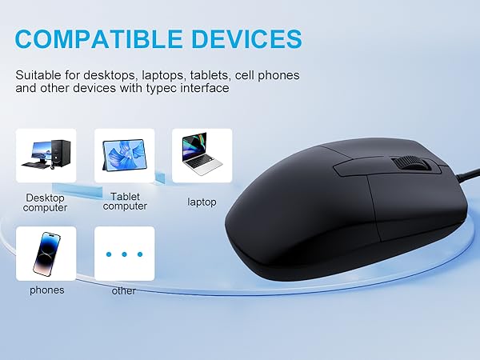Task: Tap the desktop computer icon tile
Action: click(x=46, y=155)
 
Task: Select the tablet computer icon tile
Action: click(x=124, y=155)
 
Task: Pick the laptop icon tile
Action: click(x=202, y=155)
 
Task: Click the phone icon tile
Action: click(x=46, y=253)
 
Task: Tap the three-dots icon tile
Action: click(x=124, y=253)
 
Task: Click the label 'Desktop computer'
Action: click(x=46, y=202)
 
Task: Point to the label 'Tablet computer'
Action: click(x=125, y=201)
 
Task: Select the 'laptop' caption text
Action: click(x=202, y=202)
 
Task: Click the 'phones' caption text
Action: click(x=46, y=290)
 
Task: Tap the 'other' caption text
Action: click(x=124, y=290)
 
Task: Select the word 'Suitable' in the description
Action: click(x=38, y=74)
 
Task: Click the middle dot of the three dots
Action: click(x=124, y=254)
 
